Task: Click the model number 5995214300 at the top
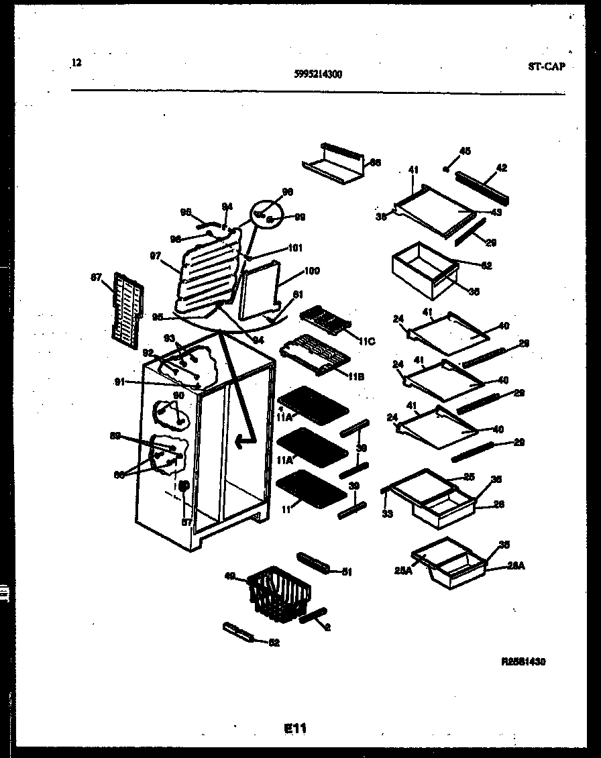pyautogui.click(x=318, y=75)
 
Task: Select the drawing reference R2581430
pyautogui.click(x=523, y=661)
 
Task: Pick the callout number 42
pyautogui.click(x=501, y=168)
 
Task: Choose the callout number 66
pyautogui.click(x=376, y=162)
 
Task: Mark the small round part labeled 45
pyautogui.click(x=446, y=169)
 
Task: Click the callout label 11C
pyautogui.click(x=366, y=341)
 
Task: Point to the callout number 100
pyautogui.click(x=312, y=271)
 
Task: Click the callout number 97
pyautogui.click(x=155, y=256)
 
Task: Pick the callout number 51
pyautogui.click(x=346, y=572)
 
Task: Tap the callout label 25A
pyautogui.click(x=403, y=571)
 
